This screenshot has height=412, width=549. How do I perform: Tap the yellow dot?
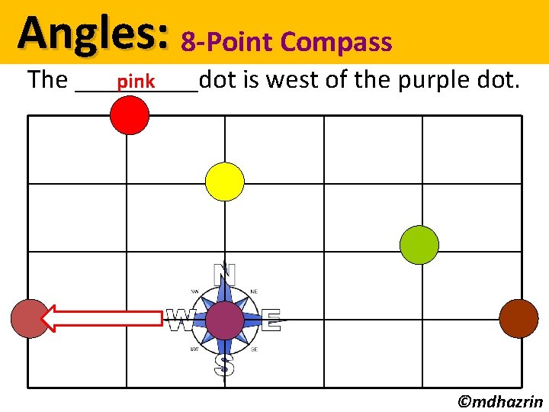pyautogui.click(x=225, y=182)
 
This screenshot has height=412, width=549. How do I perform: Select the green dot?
pyautogui.click(x=419, y=245)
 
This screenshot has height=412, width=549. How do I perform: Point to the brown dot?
pyautogui.click(x=518, y=318)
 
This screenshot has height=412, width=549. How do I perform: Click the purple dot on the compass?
pyautogui.click(x=225, y=320)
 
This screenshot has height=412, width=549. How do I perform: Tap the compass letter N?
pyautogui.click(x=224, y=274)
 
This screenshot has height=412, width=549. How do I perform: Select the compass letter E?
pyautogui.click(x=271, y=320)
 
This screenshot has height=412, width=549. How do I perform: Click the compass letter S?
pyautogui.click(x=224, y=365)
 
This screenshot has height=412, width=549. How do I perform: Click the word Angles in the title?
pyautogui.click(x=94, y=34)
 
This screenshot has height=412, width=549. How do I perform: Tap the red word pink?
pyautogui.click(x=136, y=81)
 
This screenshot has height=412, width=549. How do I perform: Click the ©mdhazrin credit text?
pyautogui.click(x=500, y=401)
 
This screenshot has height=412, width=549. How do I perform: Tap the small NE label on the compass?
pyautogui.click(x=254, y=291)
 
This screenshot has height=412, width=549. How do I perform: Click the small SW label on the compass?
pyautogui.click(x=195, y=349)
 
